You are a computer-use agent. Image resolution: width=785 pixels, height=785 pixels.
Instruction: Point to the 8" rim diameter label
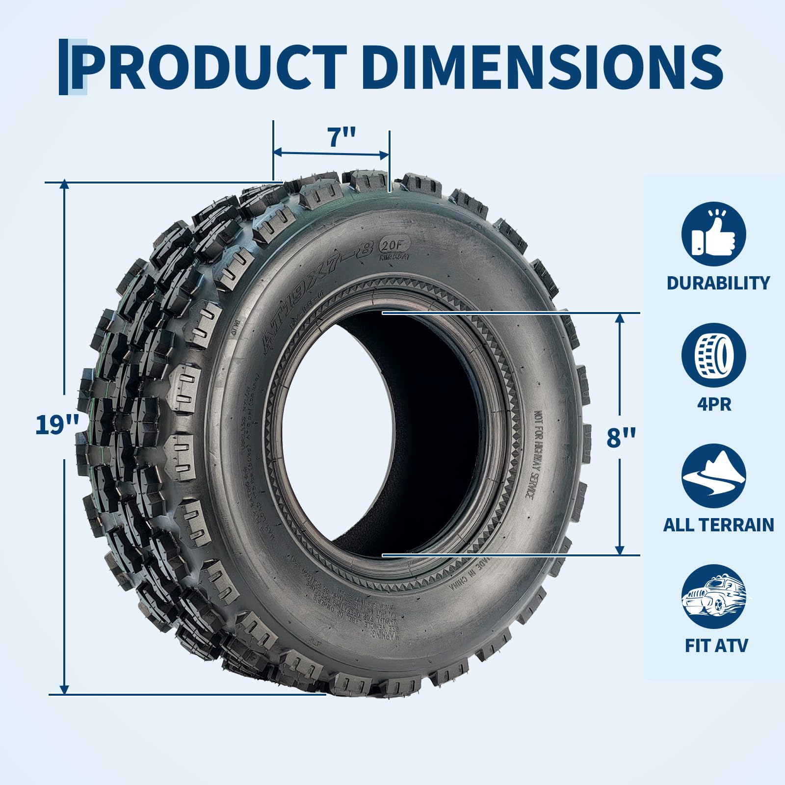[621, 437]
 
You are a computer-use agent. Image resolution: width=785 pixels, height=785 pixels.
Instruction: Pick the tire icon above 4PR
[713, 355]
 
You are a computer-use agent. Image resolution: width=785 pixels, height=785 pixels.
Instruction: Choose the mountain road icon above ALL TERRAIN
[713, 475]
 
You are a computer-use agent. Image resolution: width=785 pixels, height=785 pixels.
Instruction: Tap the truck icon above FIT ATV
[713, 596]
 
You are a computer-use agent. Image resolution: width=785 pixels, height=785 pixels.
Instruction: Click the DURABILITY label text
[718, 283]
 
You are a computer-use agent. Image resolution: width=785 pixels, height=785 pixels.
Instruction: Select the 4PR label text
[714, 404]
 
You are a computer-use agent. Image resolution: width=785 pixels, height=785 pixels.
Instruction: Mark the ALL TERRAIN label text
[718, 525]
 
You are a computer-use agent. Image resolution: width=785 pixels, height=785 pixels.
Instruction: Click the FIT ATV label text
[716, 646]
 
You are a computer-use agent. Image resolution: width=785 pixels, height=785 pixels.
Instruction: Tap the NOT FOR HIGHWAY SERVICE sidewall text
[534, 454]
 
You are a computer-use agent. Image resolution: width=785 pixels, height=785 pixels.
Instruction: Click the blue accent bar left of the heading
[64, 67]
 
